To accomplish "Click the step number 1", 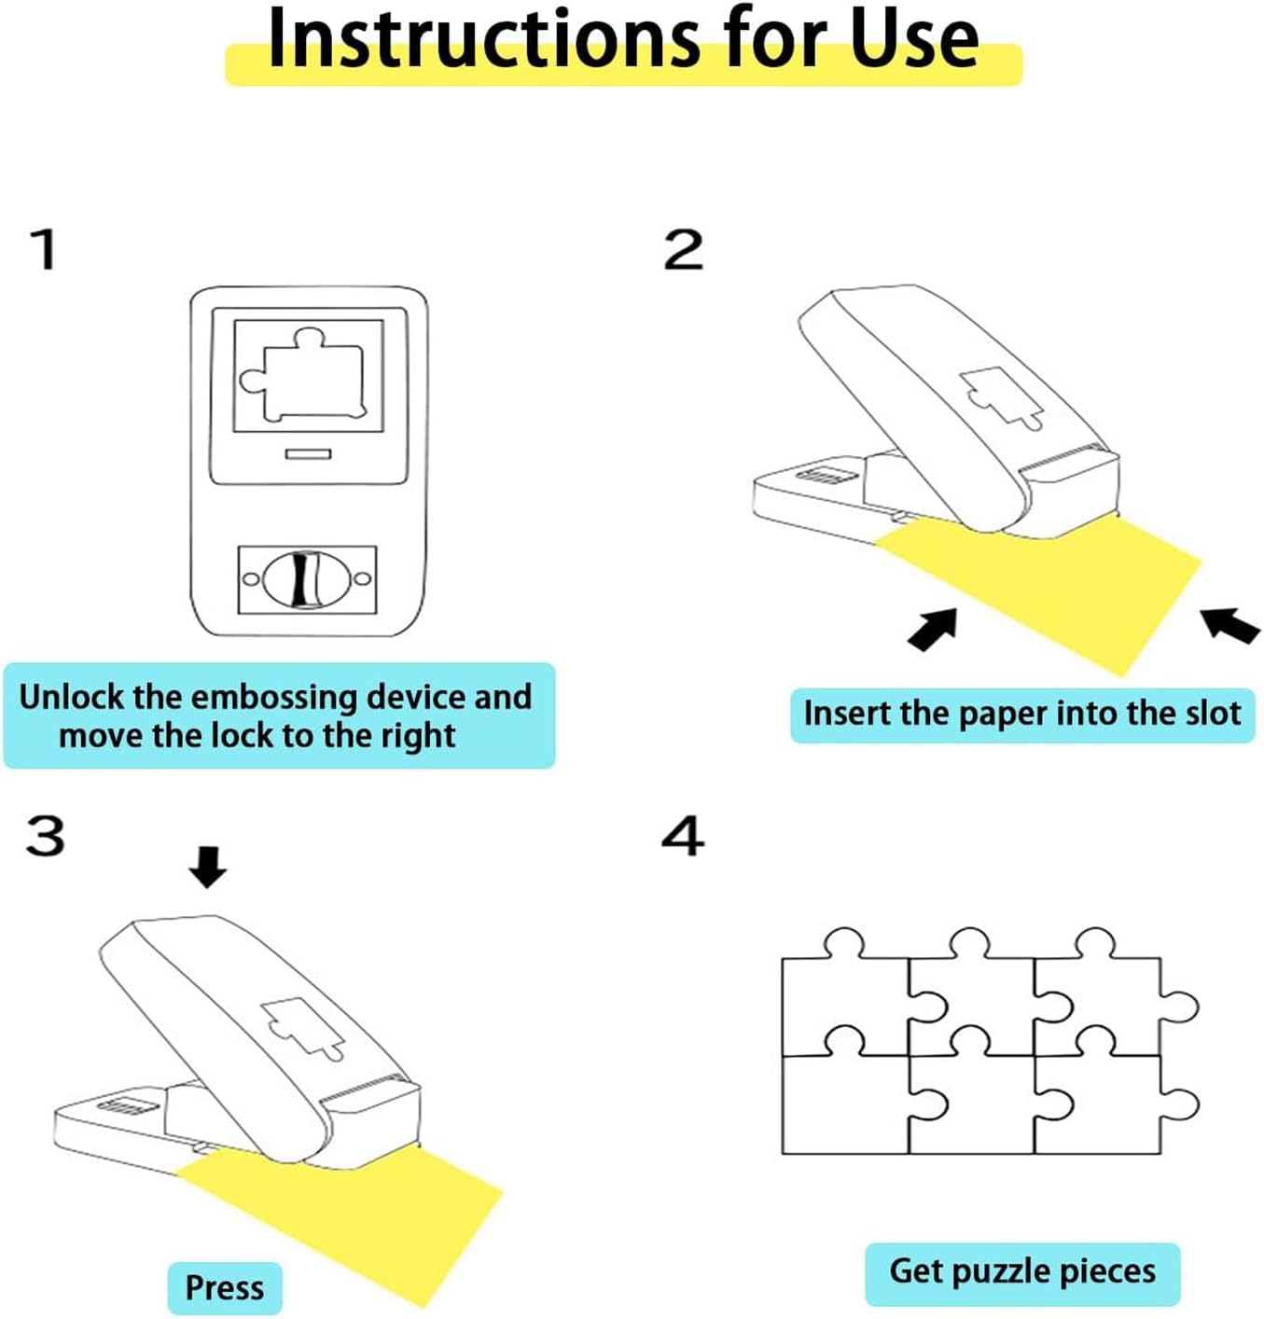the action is click(45, 249).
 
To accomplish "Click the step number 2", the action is click(683, 249).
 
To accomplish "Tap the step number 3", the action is click(46, 835).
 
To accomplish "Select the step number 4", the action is click(683, 835).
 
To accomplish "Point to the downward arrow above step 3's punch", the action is click(207, 867).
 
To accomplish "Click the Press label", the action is click(225, 1288).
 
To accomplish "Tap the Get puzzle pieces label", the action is click(1022, 1270).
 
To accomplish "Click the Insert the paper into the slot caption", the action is click(1022, 715).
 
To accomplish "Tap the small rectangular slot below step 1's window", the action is click(309, 453).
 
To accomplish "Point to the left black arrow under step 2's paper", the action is click(933, 629).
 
